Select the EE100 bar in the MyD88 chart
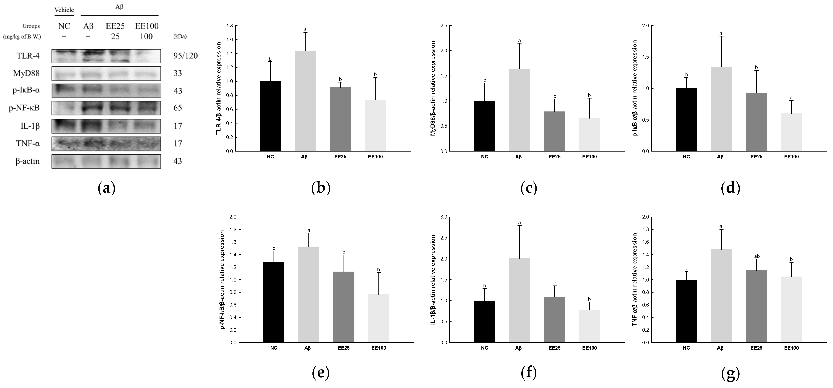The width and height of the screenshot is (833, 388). [589, 135]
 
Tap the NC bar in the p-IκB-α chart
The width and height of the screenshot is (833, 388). [686, 120]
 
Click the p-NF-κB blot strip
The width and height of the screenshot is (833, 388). [106, 108]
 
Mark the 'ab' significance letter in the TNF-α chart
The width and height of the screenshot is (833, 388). [757, 256]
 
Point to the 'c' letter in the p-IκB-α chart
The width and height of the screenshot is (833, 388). [791, 98]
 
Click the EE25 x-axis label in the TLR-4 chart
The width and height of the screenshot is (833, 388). [340, 157]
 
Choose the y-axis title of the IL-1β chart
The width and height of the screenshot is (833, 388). [433, 280]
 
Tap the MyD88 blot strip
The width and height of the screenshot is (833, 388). [106, 73]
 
